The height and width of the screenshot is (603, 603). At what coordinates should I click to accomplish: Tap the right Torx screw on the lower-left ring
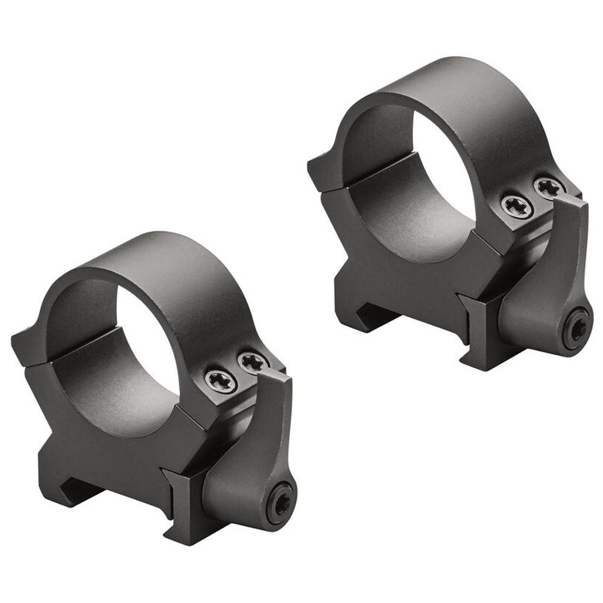(253, 362)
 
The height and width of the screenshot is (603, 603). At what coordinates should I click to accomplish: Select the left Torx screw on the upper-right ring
(517, 206)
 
